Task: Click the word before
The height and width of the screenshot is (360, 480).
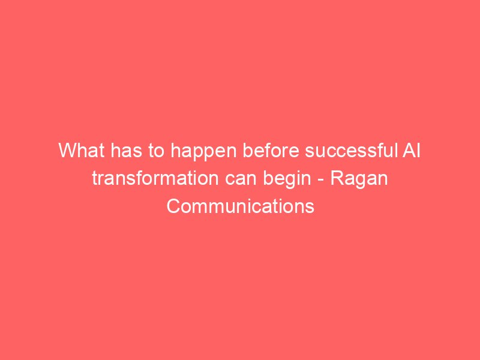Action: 271,151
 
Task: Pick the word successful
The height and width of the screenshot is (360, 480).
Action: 350,151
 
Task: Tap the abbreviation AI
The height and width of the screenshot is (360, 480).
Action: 411,151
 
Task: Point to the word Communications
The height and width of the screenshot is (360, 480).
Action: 241,206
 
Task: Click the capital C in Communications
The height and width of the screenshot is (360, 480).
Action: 173,206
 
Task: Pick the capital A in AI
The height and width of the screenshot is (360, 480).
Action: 409,151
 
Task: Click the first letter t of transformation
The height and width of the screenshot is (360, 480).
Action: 95,179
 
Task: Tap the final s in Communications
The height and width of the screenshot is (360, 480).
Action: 310,209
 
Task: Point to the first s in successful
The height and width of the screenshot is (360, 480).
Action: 310,152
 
